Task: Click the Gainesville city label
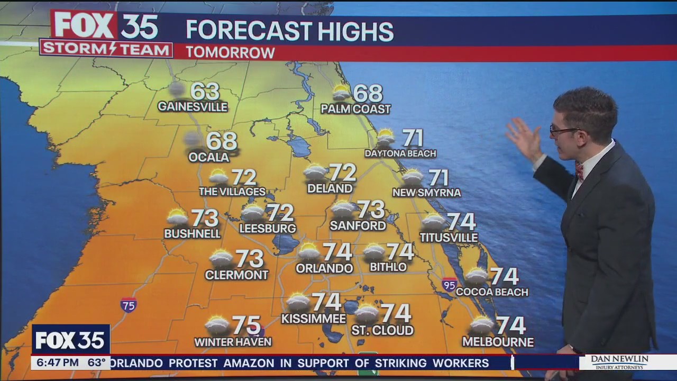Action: [193, 107]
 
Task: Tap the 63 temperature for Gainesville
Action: [205, 91]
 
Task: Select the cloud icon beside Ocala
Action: [193, 139]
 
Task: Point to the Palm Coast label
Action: [355, 109]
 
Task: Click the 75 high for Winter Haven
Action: [246, 325]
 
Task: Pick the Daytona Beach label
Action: [400, 153]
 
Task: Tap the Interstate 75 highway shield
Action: [129, 305]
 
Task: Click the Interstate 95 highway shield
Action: [450, 284]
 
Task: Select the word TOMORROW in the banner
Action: [230, 52]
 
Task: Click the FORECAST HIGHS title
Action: [289, 31]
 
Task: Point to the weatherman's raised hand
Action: [524, 139]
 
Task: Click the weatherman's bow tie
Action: [579, 170]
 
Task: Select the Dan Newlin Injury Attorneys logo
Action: [619, 362]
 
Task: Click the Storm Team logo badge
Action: [106, 48]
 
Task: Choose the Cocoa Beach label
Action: [492, 292]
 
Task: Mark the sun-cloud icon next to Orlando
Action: [309, 251]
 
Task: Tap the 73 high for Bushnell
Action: [205, 217]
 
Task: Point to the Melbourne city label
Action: [498, 342]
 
